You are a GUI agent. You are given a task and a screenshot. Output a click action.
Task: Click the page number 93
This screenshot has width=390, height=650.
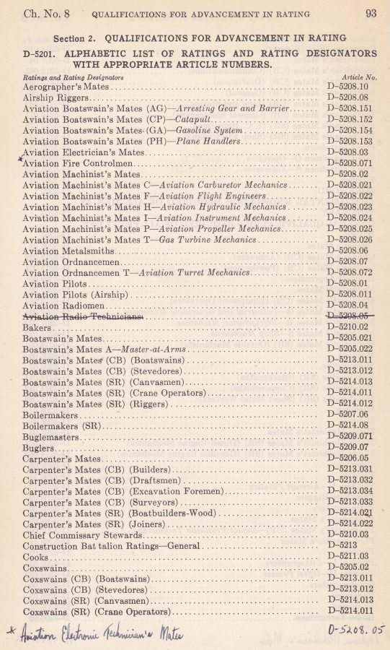point(371,12)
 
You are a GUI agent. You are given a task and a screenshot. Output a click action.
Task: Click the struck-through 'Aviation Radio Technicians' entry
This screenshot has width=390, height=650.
point(83,316)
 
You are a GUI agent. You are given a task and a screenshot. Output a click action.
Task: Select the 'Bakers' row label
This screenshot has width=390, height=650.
point(36,327)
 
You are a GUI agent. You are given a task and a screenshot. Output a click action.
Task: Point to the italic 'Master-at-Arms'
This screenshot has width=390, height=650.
point(154,349)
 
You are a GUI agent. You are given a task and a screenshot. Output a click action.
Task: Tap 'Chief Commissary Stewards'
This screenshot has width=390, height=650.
point(82,535)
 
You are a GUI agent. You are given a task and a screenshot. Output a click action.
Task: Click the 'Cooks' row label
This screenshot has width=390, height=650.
point(35,557)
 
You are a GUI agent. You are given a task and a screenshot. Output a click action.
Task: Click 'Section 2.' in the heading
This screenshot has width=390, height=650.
point(76,37)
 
